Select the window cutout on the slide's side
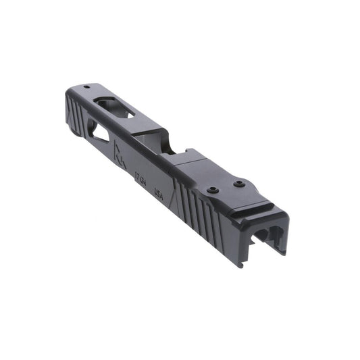(x=99, y=135)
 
